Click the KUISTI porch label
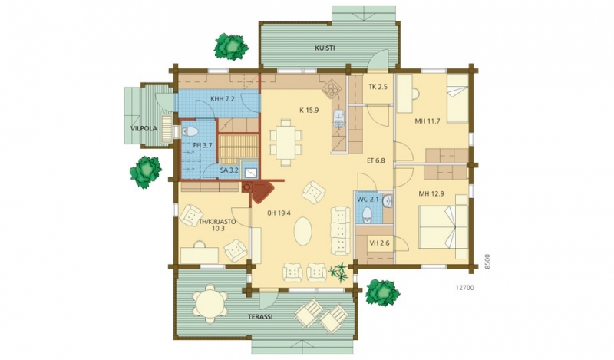325,48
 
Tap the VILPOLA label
144,128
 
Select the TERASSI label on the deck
260,317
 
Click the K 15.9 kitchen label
309,111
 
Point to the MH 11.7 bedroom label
427,121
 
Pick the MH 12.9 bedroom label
431,193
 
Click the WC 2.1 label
368,200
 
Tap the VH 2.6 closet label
379,243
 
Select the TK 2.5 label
378,87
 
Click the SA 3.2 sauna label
229,170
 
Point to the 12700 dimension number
465,288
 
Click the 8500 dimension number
487,261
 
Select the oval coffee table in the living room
302,232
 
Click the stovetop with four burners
331,88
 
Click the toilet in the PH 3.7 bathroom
190,131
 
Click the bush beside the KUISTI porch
231,47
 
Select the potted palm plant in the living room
338,272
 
